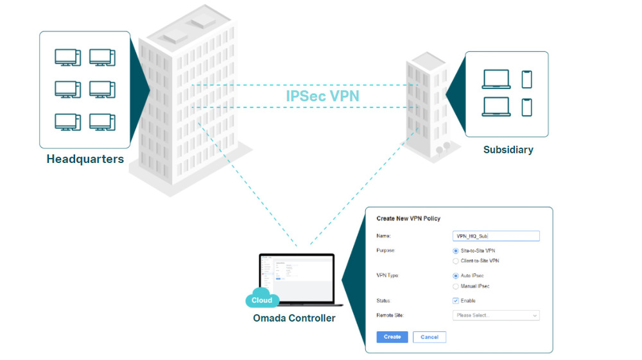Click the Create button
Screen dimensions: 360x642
tap(392, 337)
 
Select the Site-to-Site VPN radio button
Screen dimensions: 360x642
tap(456, 250)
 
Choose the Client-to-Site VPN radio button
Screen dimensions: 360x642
tap(456, 261)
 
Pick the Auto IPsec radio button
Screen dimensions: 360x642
tap(456, 275)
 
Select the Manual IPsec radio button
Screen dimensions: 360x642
tap(456, 286)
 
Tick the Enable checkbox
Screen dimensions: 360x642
tap(456, 300)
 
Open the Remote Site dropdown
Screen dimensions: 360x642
tap(496, 315)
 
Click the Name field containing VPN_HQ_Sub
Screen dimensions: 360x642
tap(496, 236)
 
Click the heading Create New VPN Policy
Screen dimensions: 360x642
tap(408, 219)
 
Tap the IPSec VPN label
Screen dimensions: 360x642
tap(323, 96)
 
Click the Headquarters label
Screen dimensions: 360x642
tap(85, 159)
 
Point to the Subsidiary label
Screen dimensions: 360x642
tap(508, 150)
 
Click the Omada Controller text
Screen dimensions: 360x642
tap(294, 318)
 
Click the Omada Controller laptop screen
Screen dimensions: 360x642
tap(297, 277)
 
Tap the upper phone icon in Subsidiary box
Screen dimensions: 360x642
tap(527, 79)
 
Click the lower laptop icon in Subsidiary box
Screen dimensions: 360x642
tap(496, 107)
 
